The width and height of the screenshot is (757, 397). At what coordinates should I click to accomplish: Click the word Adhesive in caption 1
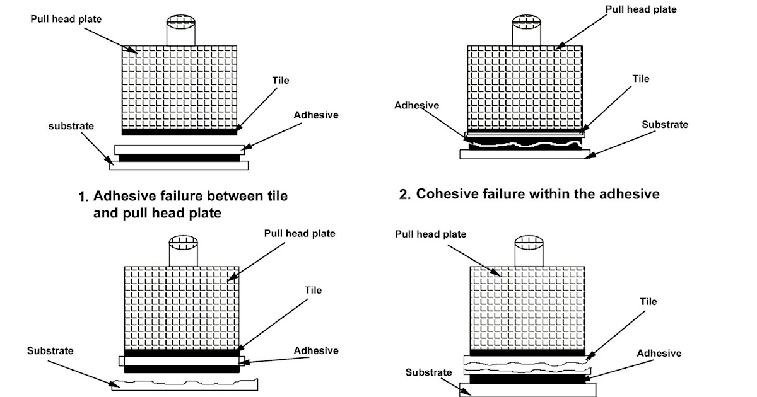[x=123, y=197]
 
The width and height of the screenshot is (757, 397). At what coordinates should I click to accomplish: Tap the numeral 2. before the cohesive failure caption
[x=405, y=195]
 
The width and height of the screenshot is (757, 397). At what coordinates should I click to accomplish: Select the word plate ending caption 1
[x=202, y=214]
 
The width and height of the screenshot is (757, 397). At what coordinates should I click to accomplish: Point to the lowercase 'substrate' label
[x=71, y=126]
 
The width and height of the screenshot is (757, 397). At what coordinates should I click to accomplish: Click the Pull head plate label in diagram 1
[x=66, y=19]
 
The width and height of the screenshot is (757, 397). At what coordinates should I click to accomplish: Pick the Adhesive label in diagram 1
[x=316, y=115]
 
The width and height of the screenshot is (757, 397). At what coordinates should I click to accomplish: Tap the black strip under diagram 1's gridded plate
[x=179, y=132]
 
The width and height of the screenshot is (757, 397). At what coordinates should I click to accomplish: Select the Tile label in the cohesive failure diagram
[x=641, y=79]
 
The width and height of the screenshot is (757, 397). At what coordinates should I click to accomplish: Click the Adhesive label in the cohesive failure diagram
[x=416, y=105]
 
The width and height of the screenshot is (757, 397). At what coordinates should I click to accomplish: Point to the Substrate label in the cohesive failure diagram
[x=665, y=125]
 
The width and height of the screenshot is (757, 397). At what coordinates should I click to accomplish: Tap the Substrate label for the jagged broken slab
[x=50, y=350]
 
